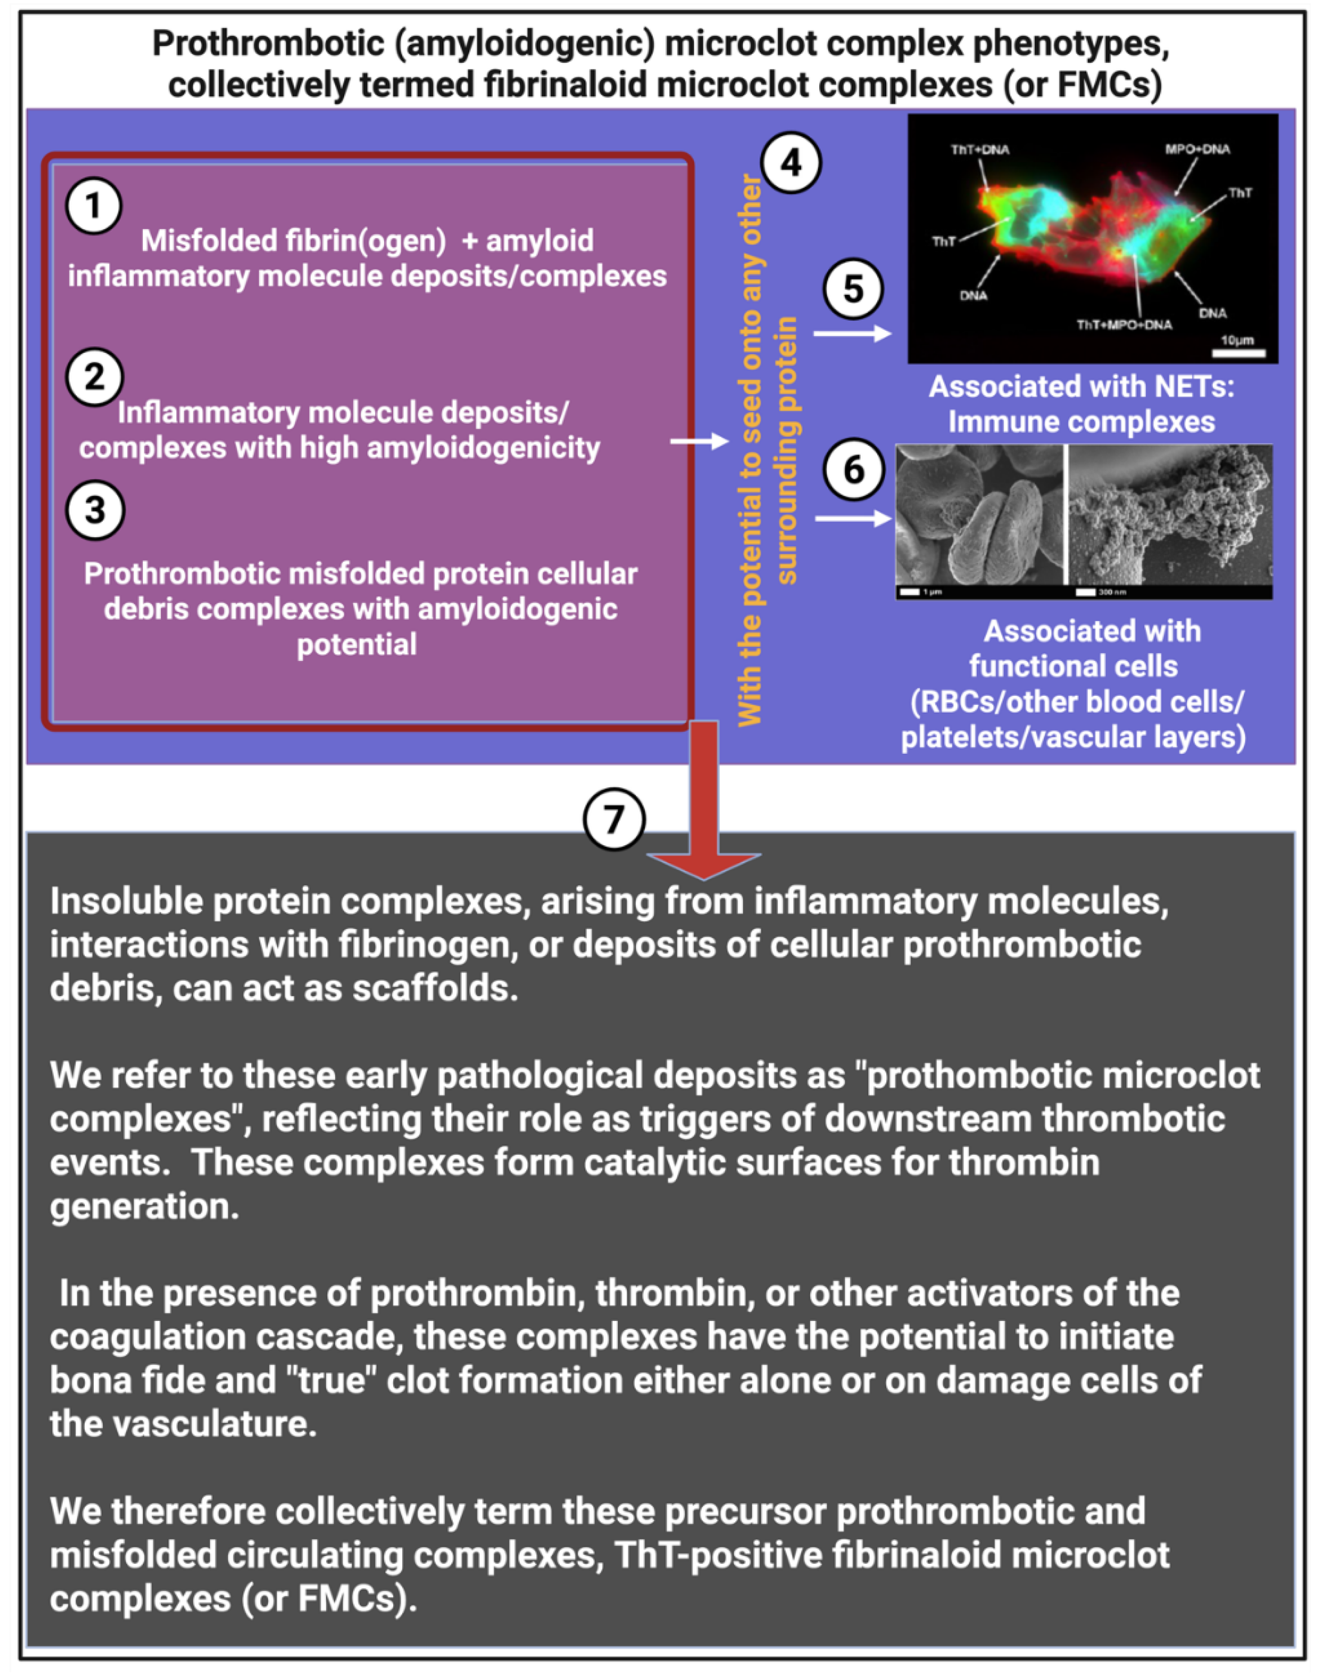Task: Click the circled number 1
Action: (x=93, y=206)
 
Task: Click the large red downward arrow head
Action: (x=704, y=865)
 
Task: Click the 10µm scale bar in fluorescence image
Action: (x=1238, y=353)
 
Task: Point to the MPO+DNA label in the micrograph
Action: (x=1197, y=149)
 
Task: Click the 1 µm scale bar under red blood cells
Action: (x=910, y=591)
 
